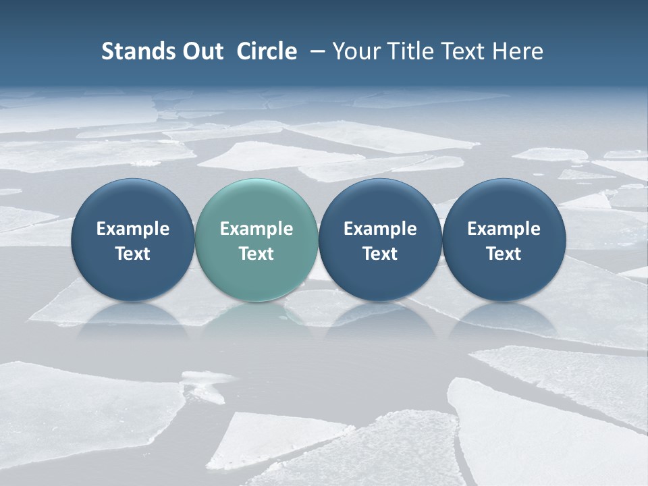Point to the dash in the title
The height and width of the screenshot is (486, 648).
point(315,51)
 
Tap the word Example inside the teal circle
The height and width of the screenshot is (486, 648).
point(256,229)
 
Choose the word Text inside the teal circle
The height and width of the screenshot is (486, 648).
point(256,254)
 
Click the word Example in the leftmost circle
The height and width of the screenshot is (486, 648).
point(133,229)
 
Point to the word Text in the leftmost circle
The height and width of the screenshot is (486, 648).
point(133,254)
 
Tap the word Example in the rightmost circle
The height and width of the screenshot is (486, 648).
point(504,229)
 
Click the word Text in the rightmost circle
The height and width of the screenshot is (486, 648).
point(504,254)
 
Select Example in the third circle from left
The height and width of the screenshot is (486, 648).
point(380,229)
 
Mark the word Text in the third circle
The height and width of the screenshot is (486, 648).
point(380,254)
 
